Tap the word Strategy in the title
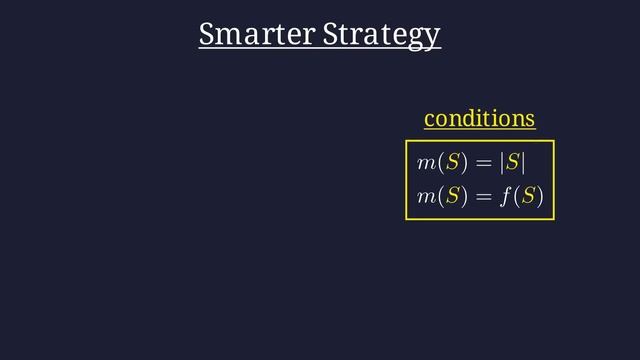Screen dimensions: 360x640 381,35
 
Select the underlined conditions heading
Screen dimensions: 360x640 479,118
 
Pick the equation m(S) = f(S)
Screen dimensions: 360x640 479,197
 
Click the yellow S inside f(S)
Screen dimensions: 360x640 527,197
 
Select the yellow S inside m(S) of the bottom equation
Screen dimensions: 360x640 451,197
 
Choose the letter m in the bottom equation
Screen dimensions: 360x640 426,198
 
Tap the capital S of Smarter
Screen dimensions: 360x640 207,34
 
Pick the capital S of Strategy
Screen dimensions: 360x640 332,34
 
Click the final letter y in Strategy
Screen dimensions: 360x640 433,38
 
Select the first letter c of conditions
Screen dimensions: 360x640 429,120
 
